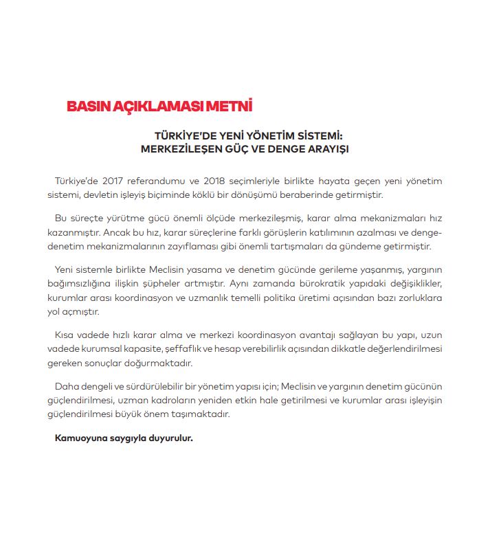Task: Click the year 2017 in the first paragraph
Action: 115,181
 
